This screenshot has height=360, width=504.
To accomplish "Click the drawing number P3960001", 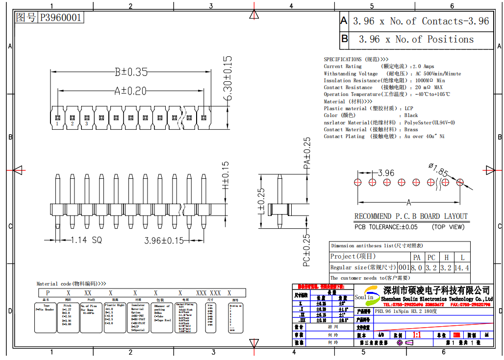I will (x=61, y=18).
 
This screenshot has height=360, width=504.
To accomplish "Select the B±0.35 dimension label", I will (x=131, y=72).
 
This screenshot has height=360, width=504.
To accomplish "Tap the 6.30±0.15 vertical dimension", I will (x=227, y=78).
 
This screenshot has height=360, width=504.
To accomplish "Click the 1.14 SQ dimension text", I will (x=86, y=240).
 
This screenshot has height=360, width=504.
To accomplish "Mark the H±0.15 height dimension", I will (x=226, y=176).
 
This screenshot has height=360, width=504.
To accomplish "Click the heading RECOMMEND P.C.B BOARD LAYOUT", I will (x=411, y=216).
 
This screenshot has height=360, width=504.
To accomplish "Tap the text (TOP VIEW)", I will (x=448, y=227).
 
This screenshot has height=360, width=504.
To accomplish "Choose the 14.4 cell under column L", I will (x=461, y=268).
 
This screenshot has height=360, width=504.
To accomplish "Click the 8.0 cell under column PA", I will (x=417, y=268).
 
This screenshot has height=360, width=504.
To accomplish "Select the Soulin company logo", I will (x=364, y=296).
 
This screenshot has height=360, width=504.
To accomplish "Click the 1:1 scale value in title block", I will (x=418, y=336).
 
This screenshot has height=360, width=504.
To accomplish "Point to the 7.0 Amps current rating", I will (x=423, y=66).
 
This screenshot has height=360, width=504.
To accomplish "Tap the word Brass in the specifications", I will (x=411, y=129).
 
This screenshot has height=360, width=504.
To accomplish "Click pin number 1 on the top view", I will (x=57, y=124).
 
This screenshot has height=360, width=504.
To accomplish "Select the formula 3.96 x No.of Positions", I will (x=416, y=39).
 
